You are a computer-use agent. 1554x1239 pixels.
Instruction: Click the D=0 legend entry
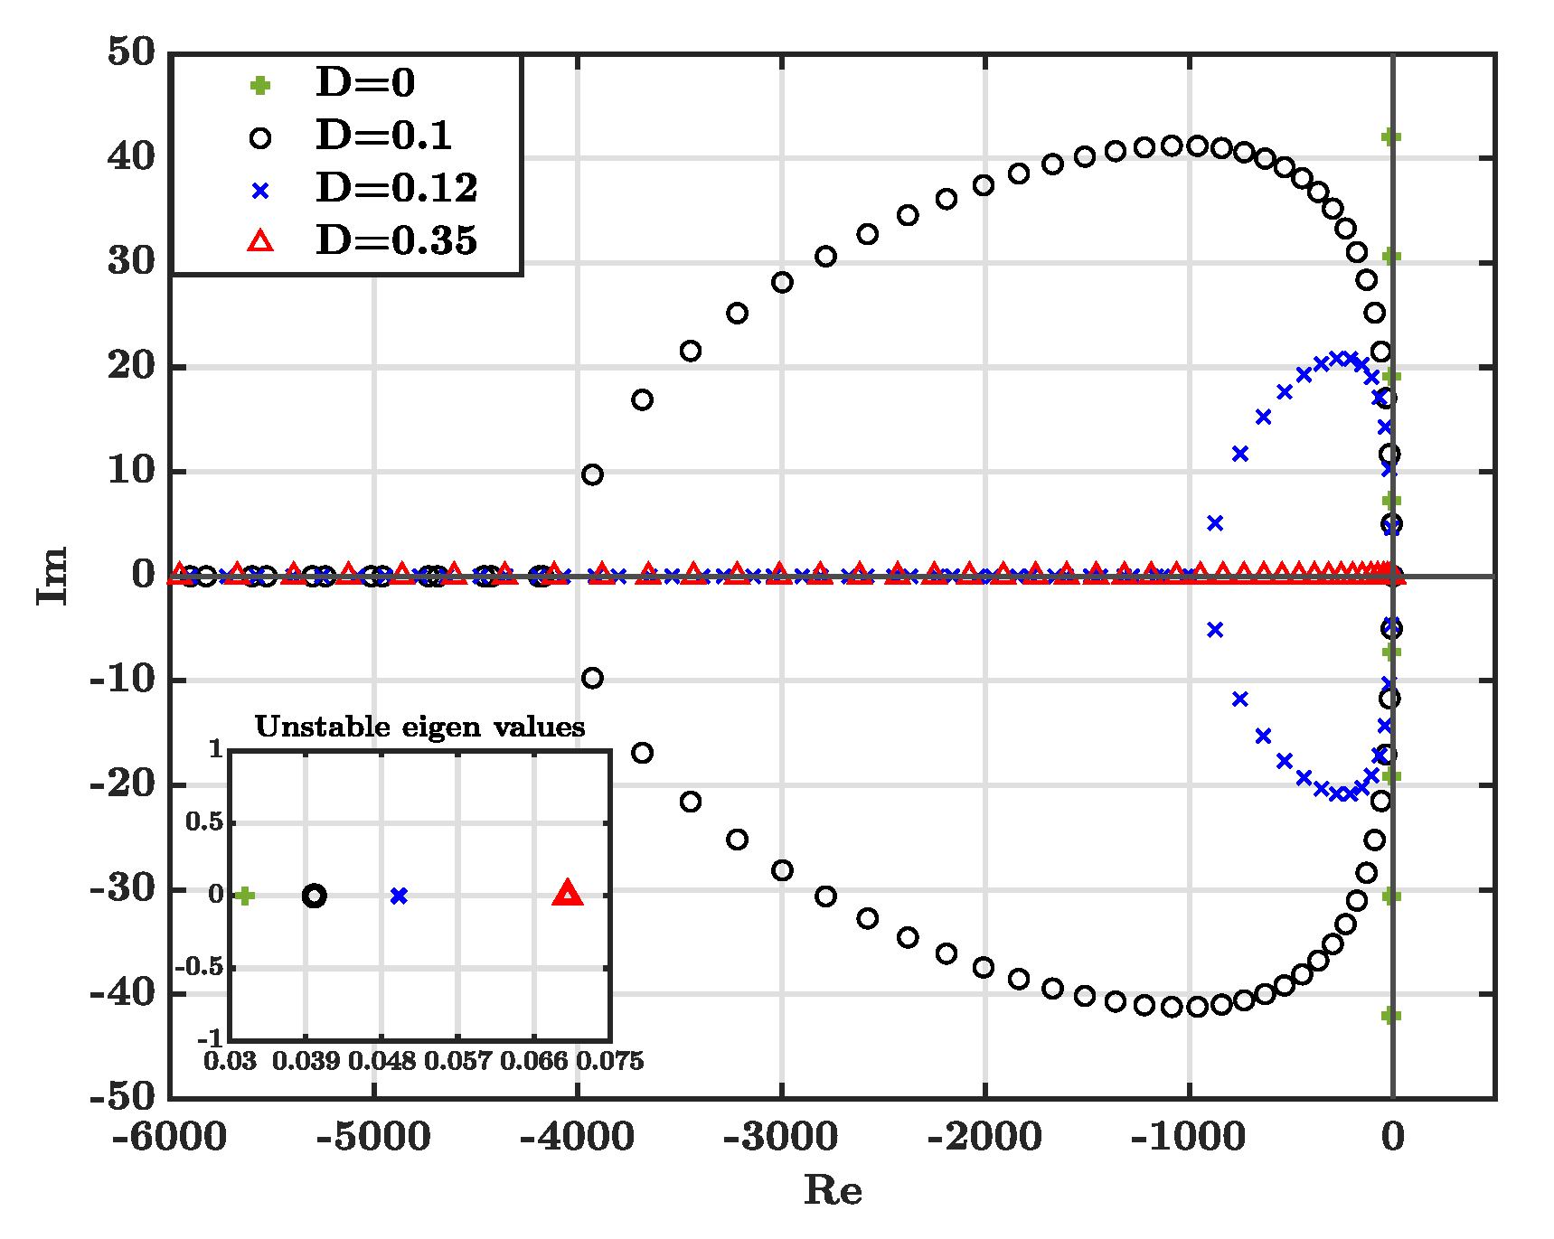365,83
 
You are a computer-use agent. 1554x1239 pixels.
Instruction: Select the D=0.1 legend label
383,136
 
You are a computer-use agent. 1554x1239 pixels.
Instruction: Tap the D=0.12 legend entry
396,188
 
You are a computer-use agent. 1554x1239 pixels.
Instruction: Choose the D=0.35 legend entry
396,240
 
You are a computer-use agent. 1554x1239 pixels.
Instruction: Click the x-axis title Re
833,1190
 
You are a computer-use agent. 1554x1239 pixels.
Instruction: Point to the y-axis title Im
52,575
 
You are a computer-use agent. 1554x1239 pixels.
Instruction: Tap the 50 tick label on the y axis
132,52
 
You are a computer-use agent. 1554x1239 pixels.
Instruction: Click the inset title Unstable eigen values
419,727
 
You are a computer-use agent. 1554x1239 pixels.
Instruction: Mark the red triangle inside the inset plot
568,893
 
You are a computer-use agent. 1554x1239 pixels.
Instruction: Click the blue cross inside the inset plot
399,896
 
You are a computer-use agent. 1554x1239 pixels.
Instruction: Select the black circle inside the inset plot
314,896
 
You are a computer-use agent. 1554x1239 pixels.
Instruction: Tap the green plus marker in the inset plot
244,896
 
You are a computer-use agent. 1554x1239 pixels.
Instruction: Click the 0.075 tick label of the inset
610,1061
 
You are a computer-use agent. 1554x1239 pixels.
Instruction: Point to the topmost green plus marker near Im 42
1391,137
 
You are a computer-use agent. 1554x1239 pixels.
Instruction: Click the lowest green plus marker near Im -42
1391,1016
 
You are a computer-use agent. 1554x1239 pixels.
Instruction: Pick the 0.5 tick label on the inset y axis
204,822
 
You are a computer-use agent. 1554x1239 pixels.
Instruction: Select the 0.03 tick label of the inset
230,1061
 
